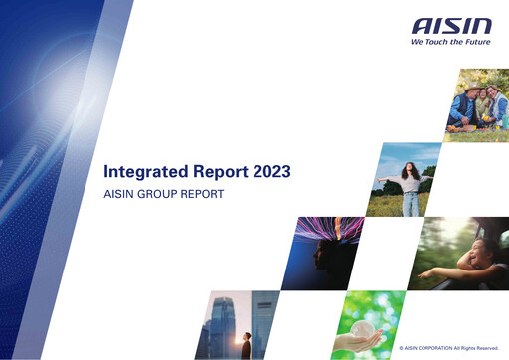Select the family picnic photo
click(x=478, y=104)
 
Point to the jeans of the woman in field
click(x=411, y=204)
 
